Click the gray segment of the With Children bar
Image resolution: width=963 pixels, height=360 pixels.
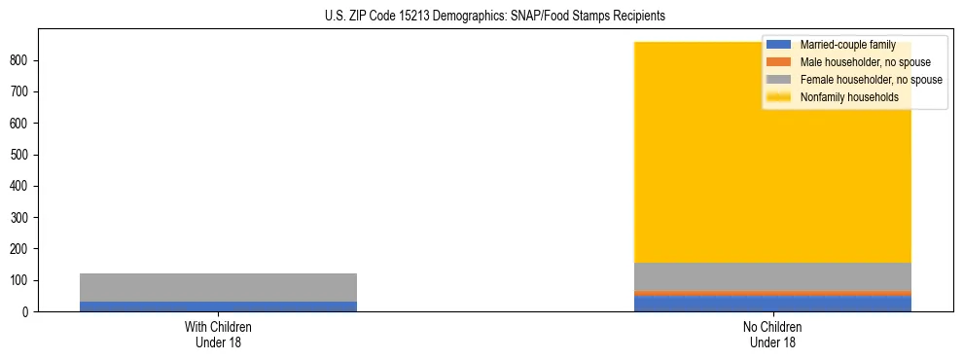(218, 287)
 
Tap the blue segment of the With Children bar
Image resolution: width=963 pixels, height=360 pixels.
(218, 306)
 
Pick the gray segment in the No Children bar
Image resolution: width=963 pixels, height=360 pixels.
(772, 276)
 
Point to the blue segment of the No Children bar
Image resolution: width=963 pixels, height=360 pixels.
(772, 304)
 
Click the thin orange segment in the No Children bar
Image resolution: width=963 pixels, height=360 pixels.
(772, 293)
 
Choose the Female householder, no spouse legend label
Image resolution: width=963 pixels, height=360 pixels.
(871, 80)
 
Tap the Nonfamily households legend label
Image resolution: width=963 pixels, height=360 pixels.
(849, 97)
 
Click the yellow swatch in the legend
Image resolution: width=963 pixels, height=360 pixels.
(779, 97)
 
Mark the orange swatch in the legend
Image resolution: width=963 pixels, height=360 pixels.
(779, 62)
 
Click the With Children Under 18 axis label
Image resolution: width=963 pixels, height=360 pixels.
(218, 335)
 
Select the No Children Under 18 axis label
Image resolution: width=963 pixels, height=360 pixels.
(772, 335)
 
